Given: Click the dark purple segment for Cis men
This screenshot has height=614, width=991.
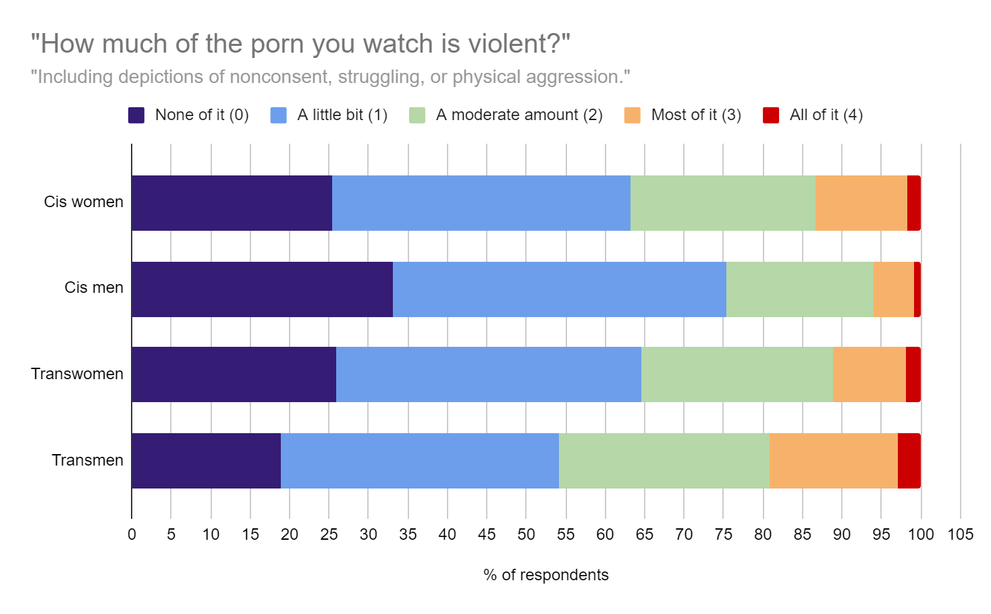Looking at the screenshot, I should pyautogui.click(x=262, y=289).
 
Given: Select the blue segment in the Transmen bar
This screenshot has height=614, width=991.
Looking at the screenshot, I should pyautogui.click(x=419, y=461).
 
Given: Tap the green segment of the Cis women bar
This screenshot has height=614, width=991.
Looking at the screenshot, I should pyautogui.click(x=722, y=203).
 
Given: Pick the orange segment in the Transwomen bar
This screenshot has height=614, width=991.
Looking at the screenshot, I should pyautogui.click(x=869, y=374).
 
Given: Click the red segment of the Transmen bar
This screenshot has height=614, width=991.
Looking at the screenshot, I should pyautogui.click(x=909, y=461).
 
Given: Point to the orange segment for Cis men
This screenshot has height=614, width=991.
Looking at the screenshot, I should pyautogui.click(x=893, y=289).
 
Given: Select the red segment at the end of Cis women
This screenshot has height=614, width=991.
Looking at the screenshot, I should pyautogui.click(x=913, y=203).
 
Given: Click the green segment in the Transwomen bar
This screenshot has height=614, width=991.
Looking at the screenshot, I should pyautogui.click(x=736, y=374).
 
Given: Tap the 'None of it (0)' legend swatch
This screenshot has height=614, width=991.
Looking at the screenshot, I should pyautogui.click(x=136, y=115).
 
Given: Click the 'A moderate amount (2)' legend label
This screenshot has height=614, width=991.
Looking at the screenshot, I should pyautogui.click(x=518, y=115).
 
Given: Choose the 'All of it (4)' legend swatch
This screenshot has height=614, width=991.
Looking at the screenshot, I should pyautogui.click(x=771, y=115).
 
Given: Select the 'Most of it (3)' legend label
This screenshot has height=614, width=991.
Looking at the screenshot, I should pyautogui.click(x=695, y=115).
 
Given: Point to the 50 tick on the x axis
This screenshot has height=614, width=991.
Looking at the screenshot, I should pyautogui.click(x=526, y=534).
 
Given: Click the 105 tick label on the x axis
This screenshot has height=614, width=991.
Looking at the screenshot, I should pyautogui.click(x=960, y=534).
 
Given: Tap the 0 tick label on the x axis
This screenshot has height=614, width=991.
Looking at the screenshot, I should pyautogui.click(x=132, y=534).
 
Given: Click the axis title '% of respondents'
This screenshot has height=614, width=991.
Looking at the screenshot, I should pyautogui.click(x=545, y=575).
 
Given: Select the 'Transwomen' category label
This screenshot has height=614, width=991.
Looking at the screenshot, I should pyautogui.click(x=77, y=374).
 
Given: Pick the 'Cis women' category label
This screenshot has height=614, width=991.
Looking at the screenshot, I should pyautogui.click(x=84, y=202).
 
